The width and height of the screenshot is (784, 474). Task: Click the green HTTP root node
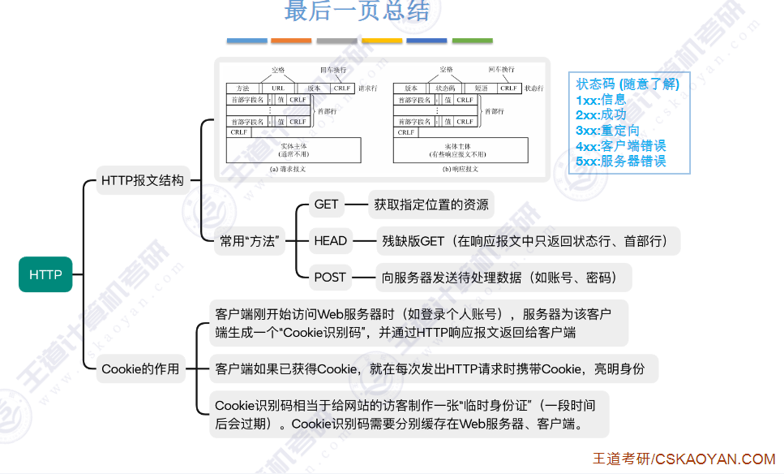coord(45,274)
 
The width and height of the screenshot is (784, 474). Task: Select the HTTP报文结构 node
coord(143,180)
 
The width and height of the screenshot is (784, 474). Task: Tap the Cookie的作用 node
coord(140,369)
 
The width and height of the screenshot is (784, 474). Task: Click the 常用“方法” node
coord(251,240)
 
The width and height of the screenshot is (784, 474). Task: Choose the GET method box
coord(326,205)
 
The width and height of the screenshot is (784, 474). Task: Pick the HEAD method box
coord(330,240)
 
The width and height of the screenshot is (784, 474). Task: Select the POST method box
coord(330,277)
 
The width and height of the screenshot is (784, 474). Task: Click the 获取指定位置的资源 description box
coord(431,205)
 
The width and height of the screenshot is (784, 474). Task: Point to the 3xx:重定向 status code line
coord(607,131)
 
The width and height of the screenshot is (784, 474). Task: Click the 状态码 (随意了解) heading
coord(628,84)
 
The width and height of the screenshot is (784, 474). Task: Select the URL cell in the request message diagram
coord(278,88)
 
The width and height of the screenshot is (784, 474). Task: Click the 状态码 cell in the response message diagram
coord(446,88)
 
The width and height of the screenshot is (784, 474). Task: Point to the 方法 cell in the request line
coord(242,88)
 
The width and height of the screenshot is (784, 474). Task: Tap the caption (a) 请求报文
coord(287,169)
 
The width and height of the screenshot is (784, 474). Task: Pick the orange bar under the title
coord(291,40)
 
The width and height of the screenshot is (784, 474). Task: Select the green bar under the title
coord(472,40)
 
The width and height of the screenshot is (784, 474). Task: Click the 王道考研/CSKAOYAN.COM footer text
coord(683,459)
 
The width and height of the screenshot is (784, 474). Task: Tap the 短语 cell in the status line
coord(481,88)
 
